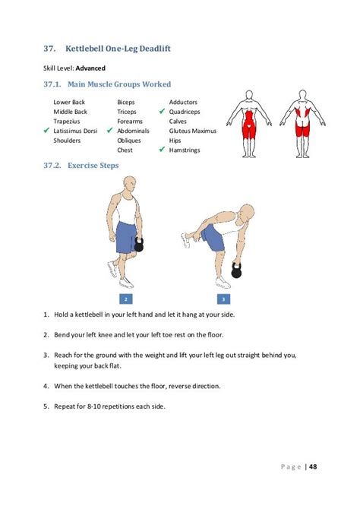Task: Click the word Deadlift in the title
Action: tap(155, 49)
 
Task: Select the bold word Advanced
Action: tap(90, 68)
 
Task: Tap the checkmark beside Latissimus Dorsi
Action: tap(46, 131)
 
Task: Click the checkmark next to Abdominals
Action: tap(110, 131)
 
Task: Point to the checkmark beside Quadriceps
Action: tap(162, 112)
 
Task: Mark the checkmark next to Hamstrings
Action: tap(162, 150)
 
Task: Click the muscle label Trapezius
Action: tap(67, 122)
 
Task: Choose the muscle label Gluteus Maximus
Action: tap(192, 131)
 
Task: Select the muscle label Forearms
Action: tap(130, 122)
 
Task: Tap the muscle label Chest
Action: tap(125, 150)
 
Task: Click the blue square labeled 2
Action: tap(126, 299)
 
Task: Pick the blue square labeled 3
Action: tap(223, 299)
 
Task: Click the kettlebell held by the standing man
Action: tap(139, 245)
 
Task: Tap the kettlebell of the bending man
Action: tap(236, 270)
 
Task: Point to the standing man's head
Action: tap(129, 185)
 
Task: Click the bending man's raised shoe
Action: tap(185, 239)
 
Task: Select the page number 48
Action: tap(313, 466)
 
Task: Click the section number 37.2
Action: tap(52, 166)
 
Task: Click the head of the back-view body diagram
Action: tap(302, 95)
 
